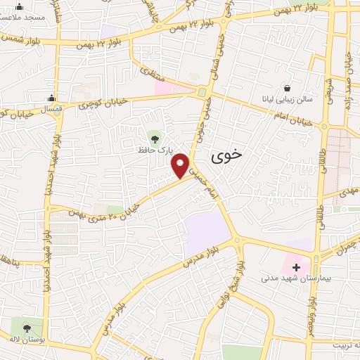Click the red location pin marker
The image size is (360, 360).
pyautogui.click(x=181, y=166)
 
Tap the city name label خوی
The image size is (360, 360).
pyautogui.click(x=226, y=156)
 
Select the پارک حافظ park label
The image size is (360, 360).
pyautogui.click(x=154, y=150)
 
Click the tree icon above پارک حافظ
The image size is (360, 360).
pyautogui.click(x=155, y=136)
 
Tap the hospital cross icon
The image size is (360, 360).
pyautogui.click(x=296, y=266)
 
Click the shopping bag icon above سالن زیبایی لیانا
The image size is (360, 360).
pyautogui.click(x=287, y=88)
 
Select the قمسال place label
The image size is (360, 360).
pyautogui.click(x=51, y=110)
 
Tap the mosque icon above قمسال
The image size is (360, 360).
pyautogui.click(x=51, y=98)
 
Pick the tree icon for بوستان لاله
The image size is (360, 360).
pyautogui.click(x=27, y=327)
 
